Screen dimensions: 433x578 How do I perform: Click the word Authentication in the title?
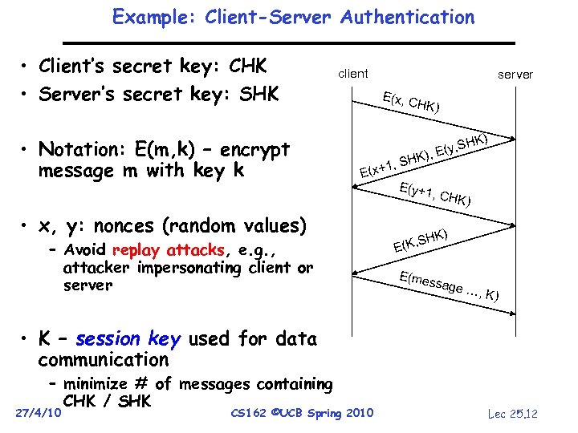click(407, 17)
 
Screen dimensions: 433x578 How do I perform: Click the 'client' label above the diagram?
click(353, 74)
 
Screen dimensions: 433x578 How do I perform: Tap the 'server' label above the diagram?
click(515, 75)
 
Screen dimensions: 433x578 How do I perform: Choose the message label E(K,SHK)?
click(420, 237)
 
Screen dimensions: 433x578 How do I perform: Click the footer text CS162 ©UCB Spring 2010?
click(301, 413)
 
